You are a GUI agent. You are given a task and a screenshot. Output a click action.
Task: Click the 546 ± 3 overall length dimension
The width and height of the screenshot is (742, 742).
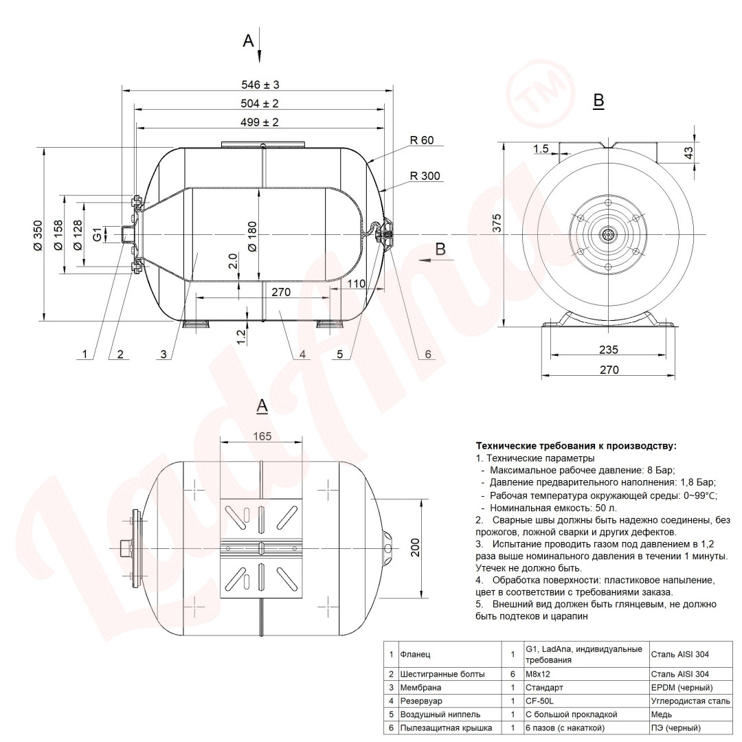(260, 85)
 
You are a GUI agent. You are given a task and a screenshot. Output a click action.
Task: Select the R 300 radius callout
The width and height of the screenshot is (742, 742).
(425, 176)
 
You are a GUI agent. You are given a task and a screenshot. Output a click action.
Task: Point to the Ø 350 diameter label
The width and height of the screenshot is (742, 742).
(38, 235)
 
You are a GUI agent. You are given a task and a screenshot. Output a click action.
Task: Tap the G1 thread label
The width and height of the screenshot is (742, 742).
(97, 234)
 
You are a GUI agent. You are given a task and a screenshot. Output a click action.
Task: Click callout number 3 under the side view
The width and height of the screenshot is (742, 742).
(164, 354)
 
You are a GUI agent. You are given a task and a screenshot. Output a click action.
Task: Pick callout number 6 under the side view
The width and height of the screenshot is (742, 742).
(428, 355)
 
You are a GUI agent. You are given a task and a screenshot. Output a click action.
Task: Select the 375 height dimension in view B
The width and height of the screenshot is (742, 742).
(497, 223)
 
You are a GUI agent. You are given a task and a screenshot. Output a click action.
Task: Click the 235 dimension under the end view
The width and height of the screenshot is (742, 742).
(609, 350)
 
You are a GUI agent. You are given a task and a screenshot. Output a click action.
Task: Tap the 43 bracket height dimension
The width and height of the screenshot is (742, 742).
(688, 153)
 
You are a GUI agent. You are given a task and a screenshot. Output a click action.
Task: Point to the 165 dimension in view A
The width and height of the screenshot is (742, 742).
(262, 436)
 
